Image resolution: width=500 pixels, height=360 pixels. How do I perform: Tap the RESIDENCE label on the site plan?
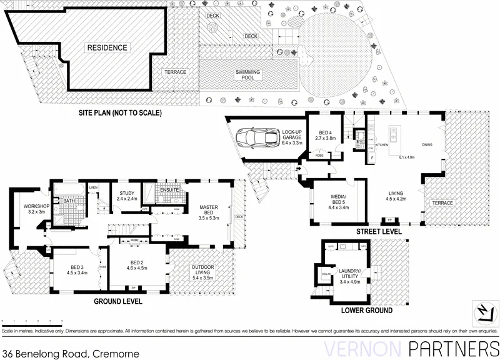(x=107, y=47)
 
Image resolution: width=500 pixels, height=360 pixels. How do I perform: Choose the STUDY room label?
(x=127, y=196)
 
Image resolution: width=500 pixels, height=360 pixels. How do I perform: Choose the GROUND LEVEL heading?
(x=117, y=301)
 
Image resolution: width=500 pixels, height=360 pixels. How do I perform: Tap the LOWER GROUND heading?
(x=366, y=310)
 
